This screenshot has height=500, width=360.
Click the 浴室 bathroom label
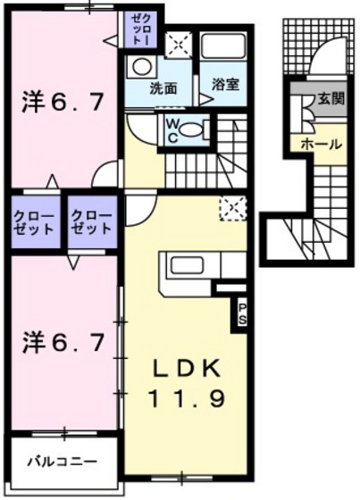[x=225, y=85]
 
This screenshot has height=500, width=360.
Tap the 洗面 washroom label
[x=163, y=89]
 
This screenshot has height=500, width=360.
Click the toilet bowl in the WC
[x=190, y=130]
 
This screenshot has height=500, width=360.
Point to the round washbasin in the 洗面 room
[x=141, y=67]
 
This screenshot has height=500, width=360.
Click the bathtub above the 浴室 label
[x=223, y=46]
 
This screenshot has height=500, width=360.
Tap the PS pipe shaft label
[x=242, y=314]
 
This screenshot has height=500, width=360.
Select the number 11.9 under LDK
[x=187, y=399]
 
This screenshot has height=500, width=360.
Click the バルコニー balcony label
[x=62, y=462]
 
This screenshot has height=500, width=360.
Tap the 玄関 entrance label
[x=331, y=99]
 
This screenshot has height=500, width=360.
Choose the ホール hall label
[x=321, y=145]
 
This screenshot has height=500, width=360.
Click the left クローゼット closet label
[x=34, y=222]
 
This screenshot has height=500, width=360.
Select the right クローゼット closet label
[x=92, y=222]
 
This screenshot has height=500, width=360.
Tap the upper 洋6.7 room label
[x=63, y=103]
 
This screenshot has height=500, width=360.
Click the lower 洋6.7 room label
[x=63, y=343]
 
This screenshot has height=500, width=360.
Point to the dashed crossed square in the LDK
[x=233, y=209]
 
